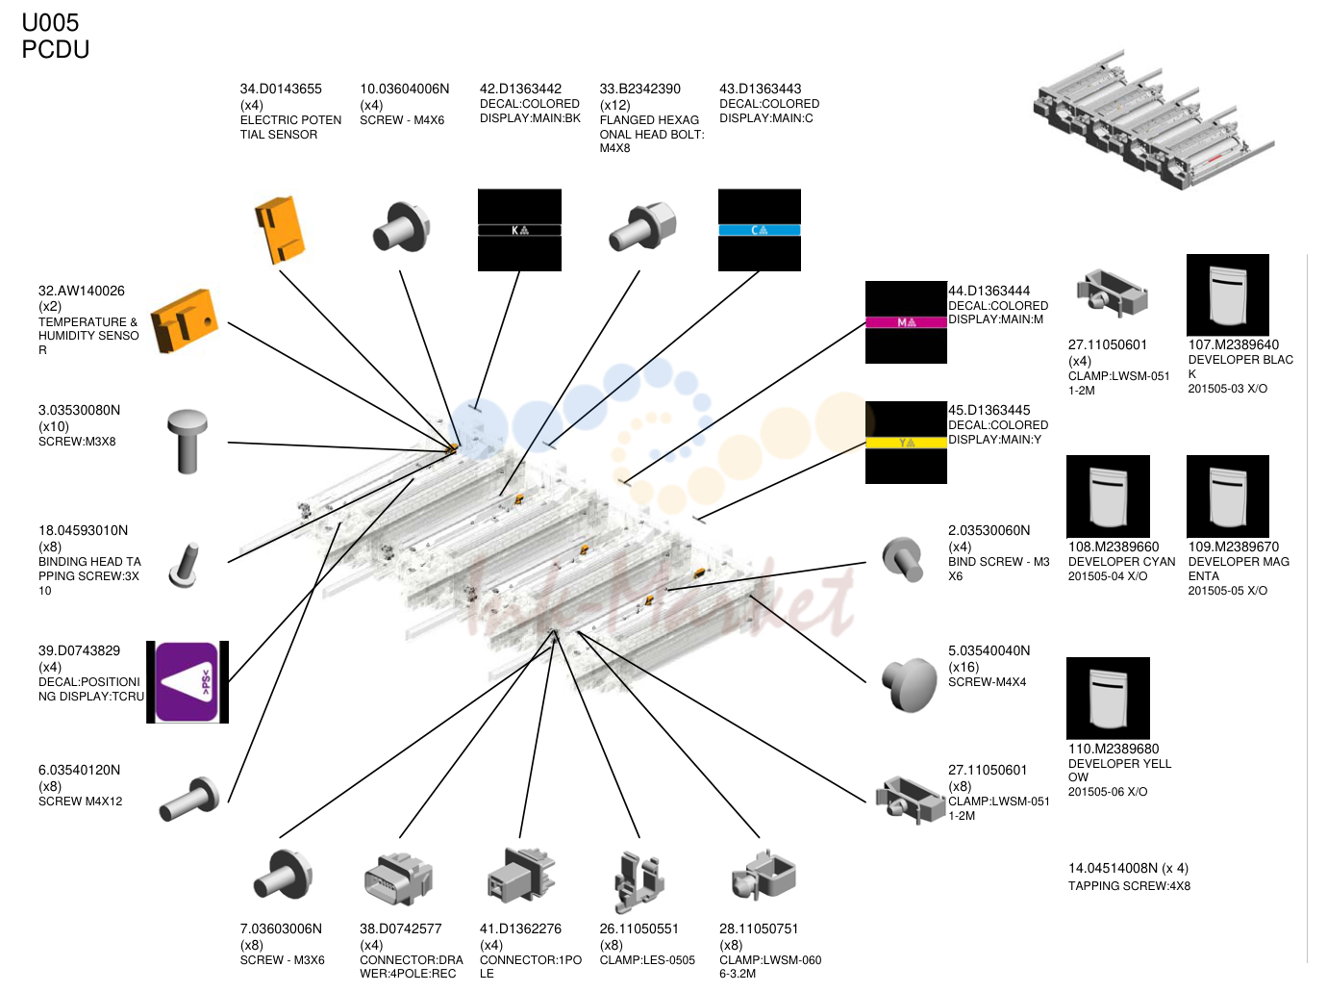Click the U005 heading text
50,23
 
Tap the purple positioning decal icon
187,681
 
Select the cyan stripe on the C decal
760,230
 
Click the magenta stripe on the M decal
906,322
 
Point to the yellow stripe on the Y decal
906,443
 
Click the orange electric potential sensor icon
279,229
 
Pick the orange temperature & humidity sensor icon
185,320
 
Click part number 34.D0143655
281,89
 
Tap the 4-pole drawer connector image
398,878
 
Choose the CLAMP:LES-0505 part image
639,882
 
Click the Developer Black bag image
1227,295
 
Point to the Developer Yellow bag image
1108,698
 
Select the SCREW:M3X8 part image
188,442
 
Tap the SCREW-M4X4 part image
910,684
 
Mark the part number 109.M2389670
1234,547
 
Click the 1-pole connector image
520,877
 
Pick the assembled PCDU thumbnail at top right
1154,119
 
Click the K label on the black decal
515,231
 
